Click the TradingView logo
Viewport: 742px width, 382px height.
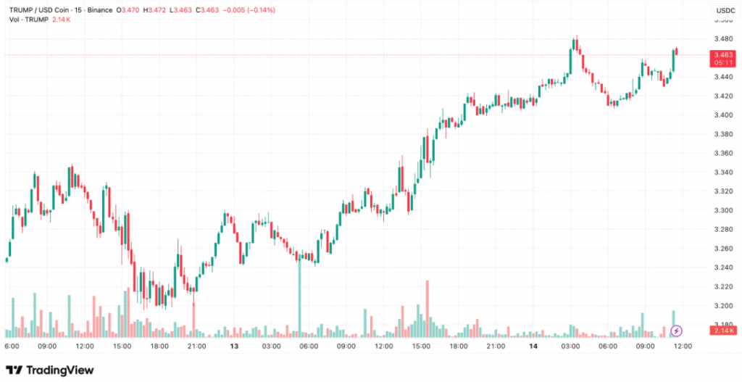(x=50, y=370)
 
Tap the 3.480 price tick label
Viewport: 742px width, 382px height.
(x=722, y=39)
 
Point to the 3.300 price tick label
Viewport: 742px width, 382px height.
(x=722, y=210)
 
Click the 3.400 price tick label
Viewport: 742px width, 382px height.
(x=722, y=115)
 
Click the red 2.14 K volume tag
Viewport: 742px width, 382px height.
(x=723, y=331)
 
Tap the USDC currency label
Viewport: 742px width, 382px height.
(x=725, y=11)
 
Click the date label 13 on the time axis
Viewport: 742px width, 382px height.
(x=234, y=346)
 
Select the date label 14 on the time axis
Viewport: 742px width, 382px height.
(x=533, y=346)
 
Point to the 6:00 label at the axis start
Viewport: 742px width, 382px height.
(x=12, y=346)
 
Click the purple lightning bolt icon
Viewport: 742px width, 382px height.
(x=676, y=331)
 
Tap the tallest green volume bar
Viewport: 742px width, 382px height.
(x=299, y=297)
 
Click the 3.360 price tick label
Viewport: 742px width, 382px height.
(x=722, y=153)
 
